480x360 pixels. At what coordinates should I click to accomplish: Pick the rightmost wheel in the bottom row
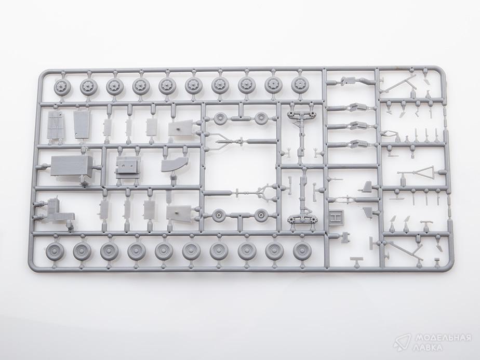pyautogui.click(x=302, y=250)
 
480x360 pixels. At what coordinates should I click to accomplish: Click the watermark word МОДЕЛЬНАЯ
pyautogui.click(x=443, y=338)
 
